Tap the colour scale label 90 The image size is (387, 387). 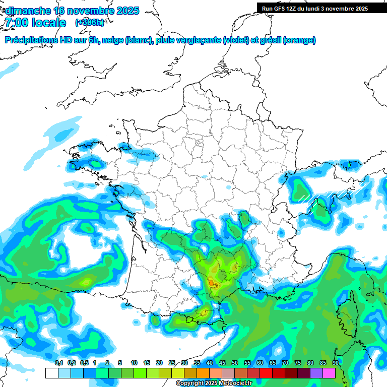[x=335, y=363]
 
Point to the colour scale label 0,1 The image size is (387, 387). [x=59, y=363]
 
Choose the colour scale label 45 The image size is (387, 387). [x=222, y=363]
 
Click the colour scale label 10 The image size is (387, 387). [x=134, y=363]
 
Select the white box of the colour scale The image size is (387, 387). [x=51, y=373]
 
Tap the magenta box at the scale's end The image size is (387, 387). [x=329, y=373]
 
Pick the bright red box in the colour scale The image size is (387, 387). [x=266, y=373]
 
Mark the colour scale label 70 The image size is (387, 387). [x=285, y=363]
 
